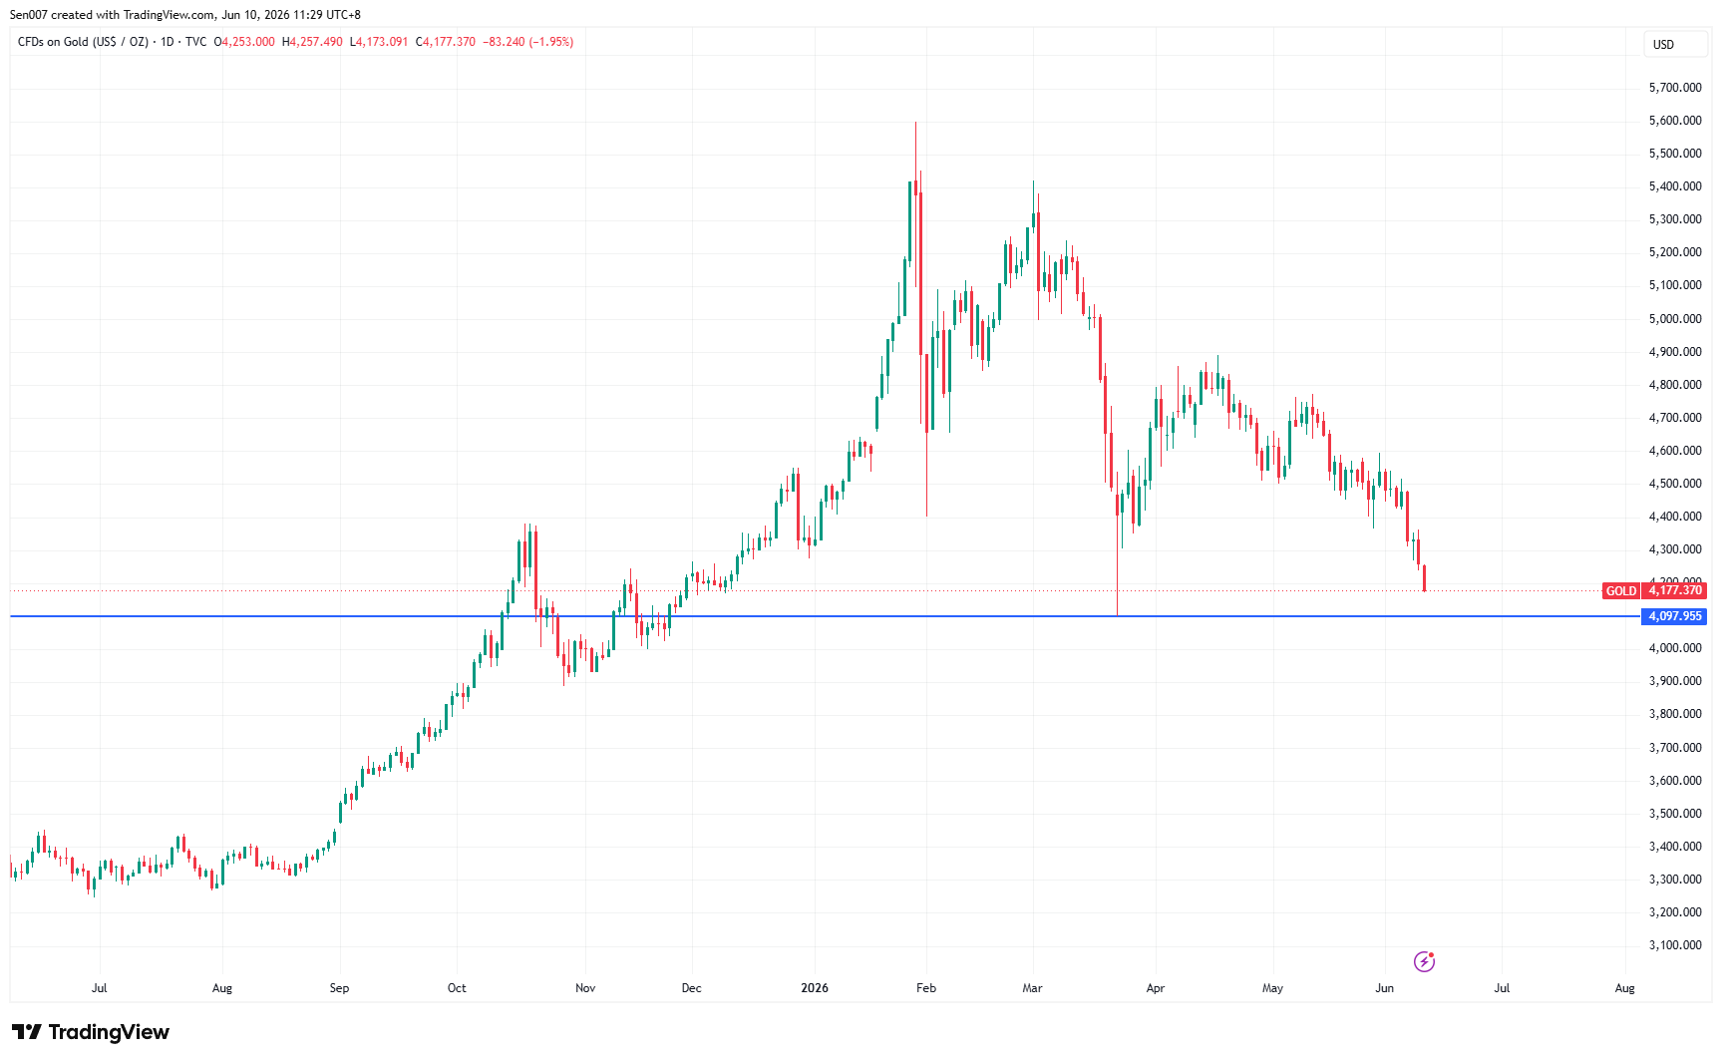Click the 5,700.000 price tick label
tap(1675, 88)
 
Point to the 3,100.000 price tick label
tap(1675, 945)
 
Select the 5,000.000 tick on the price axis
tap(1675, 319)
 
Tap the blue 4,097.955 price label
tap(1675, 616)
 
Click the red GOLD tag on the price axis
tap(1620, 591)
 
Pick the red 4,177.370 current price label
tap(1675, 590)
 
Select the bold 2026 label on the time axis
tap(815, 988)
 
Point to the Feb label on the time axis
tap(926, 988)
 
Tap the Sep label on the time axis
tap(339, 988)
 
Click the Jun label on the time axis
tap(1384, 988)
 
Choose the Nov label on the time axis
tap(585, 988)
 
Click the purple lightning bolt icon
tap(1424, 961)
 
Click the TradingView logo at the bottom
tap(91, 1032)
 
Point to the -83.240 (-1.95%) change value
tap(527, 42)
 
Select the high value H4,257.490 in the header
tap(312, 42)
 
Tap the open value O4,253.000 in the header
tap(244, 42)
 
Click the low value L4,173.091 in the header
tap(379, 42)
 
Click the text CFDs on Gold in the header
tap(54, 42)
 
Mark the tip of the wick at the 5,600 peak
tap(915, 122)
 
